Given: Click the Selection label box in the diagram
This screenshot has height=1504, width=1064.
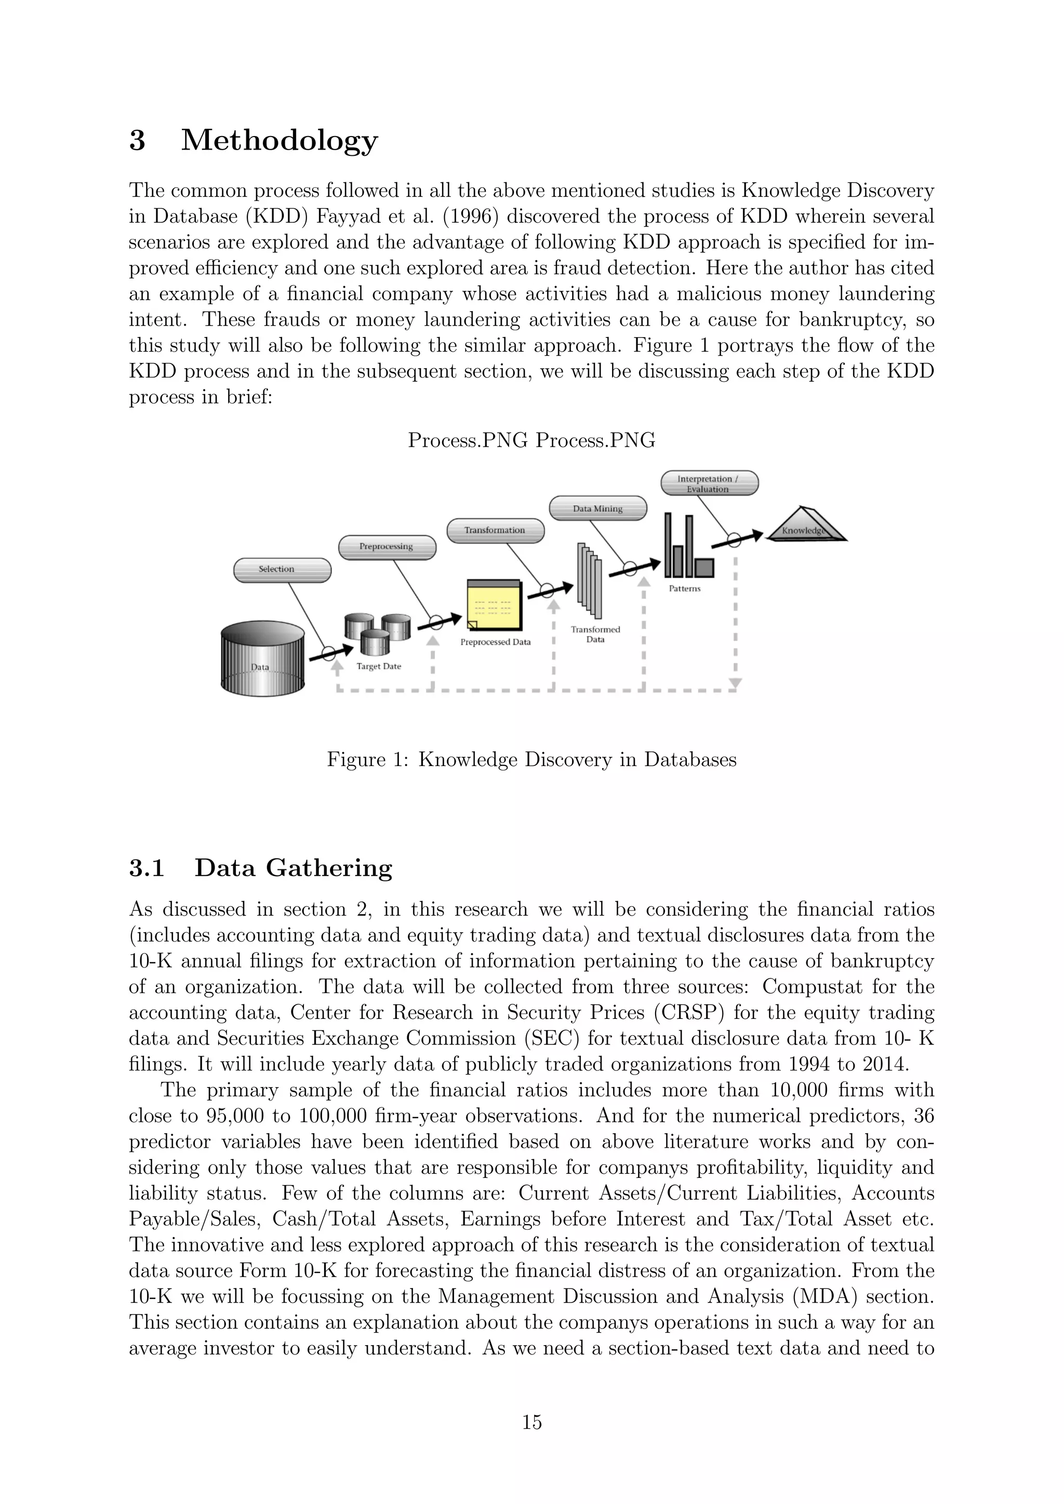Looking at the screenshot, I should point(283,569).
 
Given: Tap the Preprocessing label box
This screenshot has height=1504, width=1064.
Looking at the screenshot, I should point(387,547).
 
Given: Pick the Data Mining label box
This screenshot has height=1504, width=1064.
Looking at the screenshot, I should point(597,509).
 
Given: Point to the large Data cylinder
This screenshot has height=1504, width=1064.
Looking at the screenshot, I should point(263,659).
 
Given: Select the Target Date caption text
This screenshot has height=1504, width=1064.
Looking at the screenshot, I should point(379,667).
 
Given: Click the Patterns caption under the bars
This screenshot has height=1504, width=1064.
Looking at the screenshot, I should point(685,589).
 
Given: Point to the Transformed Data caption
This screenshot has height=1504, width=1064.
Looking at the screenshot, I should point(595,634).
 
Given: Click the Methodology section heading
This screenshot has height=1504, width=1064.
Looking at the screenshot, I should point(279,140).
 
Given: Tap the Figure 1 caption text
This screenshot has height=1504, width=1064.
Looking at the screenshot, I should point(531,760).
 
